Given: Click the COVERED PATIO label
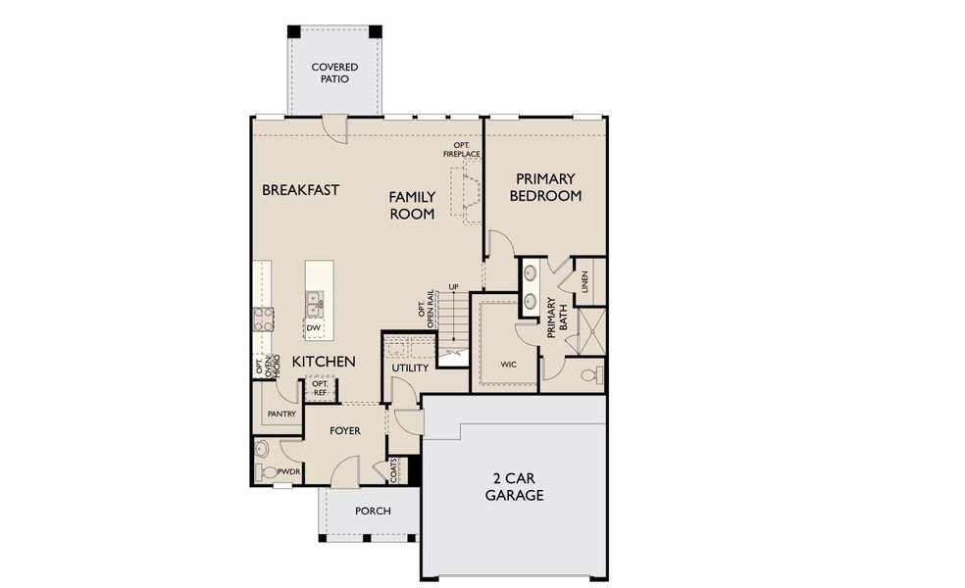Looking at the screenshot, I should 334,73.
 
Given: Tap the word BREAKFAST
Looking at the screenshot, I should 300,190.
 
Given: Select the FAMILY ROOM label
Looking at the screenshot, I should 412,206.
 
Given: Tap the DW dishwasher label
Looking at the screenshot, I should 313,328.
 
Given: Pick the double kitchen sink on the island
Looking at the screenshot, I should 314,303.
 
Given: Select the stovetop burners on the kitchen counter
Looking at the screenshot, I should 264,318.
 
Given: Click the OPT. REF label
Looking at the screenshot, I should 320,388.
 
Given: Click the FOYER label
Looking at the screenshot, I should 344,431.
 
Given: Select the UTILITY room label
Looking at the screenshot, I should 410,368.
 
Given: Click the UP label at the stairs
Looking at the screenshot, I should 453,287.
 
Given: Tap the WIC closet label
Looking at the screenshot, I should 508,365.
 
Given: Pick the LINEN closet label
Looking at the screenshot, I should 584,282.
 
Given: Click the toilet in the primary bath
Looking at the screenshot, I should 588,375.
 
